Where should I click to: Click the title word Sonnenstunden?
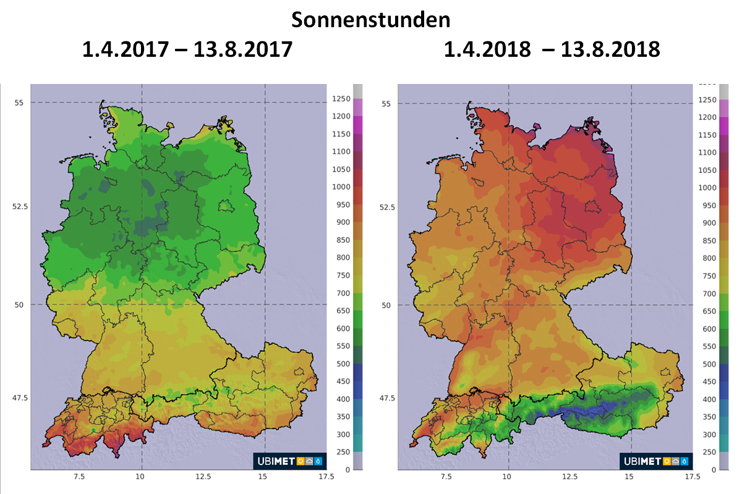click(370, 20)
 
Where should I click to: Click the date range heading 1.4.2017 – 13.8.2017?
click(187, 49)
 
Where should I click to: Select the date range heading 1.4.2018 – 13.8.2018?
click(552, 49)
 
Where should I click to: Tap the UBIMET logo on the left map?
click(289, 461)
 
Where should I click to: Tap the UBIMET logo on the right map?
click(656, 461)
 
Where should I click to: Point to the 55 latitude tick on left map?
click(19, 103)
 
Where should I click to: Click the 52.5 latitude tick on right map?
click(386, 207)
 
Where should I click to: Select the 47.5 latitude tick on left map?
click(19, 397)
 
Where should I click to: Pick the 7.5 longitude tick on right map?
click(446, 477)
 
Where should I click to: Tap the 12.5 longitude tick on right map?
click(569, 477)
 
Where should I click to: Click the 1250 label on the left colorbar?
click(341, 99)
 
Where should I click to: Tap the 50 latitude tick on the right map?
click(386, 305)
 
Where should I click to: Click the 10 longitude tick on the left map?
click(142, 477)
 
